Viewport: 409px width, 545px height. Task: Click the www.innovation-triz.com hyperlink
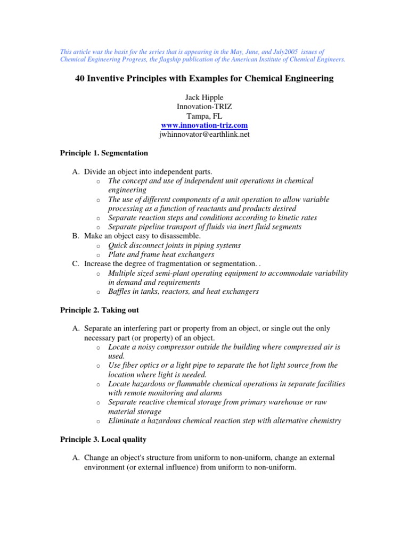(204, 125)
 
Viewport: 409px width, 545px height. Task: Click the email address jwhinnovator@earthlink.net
(204, 135)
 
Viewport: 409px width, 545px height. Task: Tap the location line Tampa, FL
(204, 115)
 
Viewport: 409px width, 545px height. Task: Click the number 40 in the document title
(78, 78)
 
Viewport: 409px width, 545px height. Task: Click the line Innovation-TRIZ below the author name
(204, 106)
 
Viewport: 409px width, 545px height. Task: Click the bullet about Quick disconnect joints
(174, 245)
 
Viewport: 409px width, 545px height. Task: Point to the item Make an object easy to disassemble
(142, 236)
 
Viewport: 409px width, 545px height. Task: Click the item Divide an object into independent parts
(148, 171)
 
